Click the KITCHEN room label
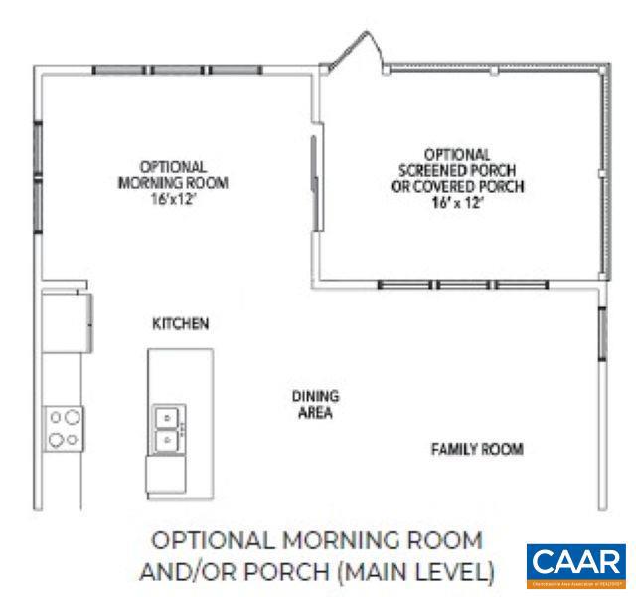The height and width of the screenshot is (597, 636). click(179, 323)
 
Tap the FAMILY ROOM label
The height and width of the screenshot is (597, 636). click(476, 449)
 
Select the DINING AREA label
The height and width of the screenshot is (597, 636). click(311, 404)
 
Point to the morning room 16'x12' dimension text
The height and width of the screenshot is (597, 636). click(172, 199)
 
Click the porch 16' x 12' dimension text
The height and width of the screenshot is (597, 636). click(456, 201)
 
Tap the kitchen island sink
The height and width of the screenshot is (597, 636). click(167, 428)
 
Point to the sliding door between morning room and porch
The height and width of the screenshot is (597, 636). click(316, 184)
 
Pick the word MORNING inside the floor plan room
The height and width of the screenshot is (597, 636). click(147, 183)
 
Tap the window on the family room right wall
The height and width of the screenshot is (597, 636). click(602, 333)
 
